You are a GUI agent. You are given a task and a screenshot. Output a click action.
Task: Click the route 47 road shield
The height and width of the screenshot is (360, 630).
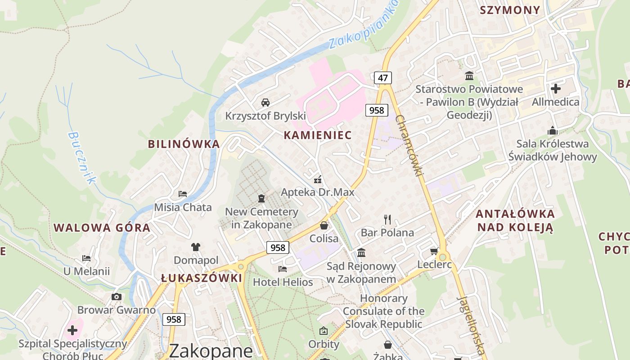(382, 78)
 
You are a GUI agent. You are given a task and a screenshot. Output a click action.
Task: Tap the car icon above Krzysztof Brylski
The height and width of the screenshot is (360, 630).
(265, 102)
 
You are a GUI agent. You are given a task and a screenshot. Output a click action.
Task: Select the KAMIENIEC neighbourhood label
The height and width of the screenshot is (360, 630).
(318, 135)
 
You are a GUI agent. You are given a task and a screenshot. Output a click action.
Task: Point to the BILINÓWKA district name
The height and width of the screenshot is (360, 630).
(184, 144)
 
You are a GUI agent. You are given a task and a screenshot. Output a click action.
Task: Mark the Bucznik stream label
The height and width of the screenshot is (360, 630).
(82, 157)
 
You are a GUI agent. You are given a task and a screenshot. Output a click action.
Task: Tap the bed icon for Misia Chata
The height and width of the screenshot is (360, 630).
(183, 194)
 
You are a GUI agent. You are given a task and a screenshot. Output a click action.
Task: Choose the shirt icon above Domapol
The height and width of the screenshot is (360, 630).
(196, 247)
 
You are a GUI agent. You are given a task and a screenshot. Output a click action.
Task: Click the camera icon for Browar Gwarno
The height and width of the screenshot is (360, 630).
(117, 297)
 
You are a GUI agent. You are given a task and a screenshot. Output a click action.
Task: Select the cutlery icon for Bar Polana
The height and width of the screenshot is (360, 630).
(387, 219)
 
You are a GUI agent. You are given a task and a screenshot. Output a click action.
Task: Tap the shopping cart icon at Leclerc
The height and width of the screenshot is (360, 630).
(434, 251)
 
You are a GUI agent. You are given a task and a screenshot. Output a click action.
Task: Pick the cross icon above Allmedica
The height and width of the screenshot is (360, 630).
(556, 89)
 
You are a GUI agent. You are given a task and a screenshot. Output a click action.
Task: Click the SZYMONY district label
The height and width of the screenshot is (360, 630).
(510, 10)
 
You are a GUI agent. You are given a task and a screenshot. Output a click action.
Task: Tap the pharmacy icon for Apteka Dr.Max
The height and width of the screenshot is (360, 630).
(318, 180)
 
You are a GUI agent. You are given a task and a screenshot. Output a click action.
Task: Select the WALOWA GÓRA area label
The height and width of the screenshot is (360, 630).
(102, 228)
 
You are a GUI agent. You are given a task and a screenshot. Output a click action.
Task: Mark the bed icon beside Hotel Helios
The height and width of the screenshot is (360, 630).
(283, 269)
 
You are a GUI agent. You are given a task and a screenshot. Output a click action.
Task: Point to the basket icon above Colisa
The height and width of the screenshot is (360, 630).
(324, 225)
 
